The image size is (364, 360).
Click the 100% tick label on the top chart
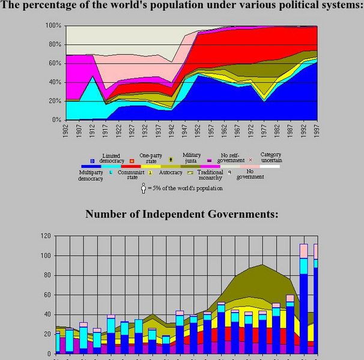click(53, 26)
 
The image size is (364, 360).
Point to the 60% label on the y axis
click(55, 63)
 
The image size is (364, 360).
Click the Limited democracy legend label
click(112, 158)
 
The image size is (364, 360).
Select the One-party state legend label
click(151, 158)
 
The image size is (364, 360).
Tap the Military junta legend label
click(192, 158)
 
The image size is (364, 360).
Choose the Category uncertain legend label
click(270, 158)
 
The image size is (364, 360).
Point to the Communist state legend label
click(131, 175)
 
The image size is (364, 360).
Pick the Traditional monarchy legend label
click(210, 175)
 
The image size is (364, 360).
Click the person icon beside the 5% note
click(143, 188)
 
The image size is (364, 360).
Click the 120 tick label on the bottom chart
click(44, 236)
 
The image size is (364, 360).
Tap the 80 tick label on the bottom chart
click(47, 275)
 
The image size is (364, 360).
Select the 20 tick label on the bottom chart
click(47, 334)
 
